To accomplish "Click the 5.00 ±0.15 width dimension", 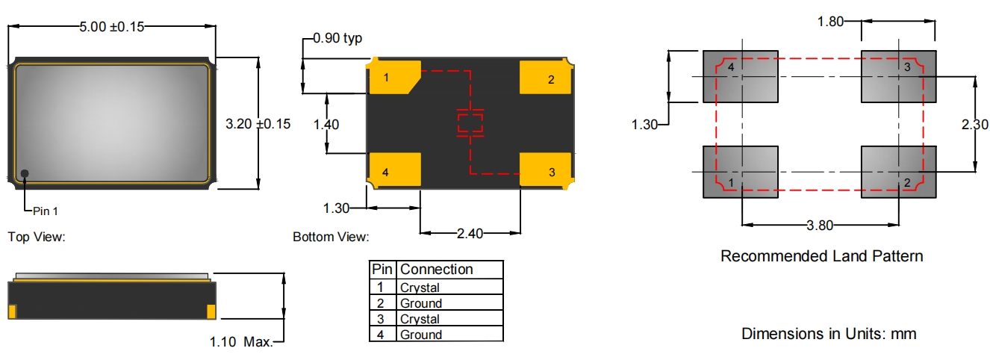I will click(x=111, y=27).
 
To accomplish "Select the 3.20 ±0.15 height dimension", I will click(x=258, y=124).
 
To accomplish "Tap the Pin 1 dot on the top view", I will click(x=25, y=174).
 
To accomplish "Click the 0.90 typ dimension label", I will click(x=337, y=39).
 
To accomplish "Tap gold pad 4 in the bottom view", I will click(x=394, y=170).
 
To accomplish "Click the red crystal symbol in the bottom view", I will click(x=470, y=124).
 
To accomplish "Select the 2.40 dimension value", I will click(x=470, y=234).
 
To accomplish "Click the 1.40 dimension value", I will click(x=326, y=124).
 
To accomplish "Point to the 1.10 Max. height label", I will click(x=241, y=342).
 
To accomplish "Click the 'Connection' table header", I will click(x=437, y=270).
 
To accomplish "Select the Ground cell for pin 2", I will click(x=421, y=303).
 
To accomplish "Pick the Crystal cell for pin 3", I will click(x=420, y=319).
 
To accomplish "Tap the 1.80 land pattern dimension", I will click(x=830, y=22).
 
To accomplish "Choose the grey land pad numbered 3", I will click(x=898, y=77).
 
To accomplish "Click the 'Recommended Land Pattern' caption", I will click(x=821, y=256).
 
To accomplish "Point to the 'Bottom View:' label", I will click(x=331, y=238).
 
